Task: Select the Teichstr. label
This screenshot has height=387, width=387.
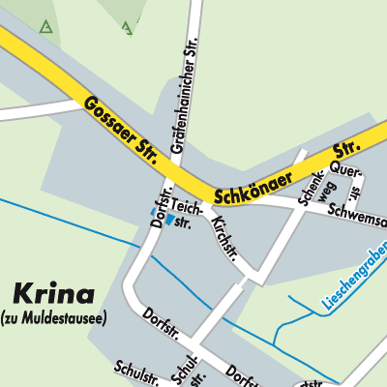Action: coord(189,214)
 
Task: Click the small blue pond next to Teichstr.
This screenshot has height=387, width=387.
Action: coord(170,220)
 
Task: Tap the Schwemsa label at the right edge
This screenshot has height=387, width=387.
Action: coord(356,217)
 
